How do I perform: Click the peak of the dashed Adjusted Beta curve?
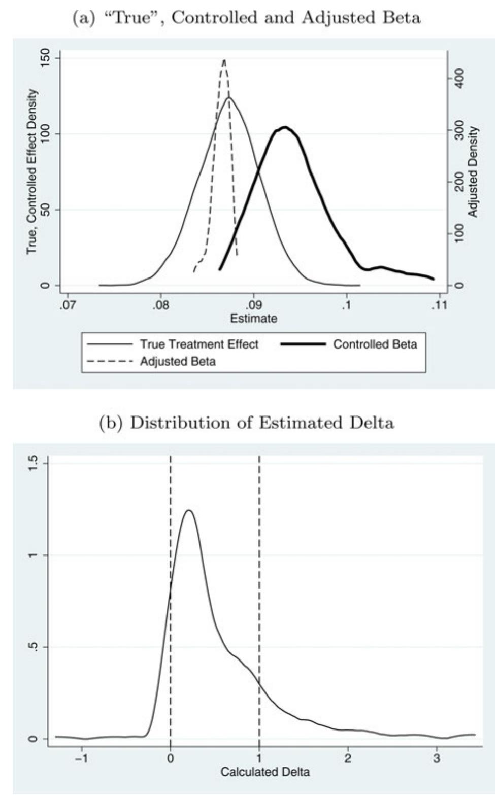[224, 60]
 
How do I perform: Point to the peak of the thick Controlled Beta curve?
[285, 127]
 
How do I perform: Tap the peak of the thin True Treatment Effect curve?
[229, 97]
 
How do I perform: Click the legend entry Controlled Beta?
[375, 344]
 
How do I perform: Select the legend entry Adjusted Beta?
[178, 362]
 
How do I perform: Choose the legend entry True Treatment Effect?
[199, 344]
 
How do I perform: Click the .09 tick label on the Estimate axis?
[253, 305]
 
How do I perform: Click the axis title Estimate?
[253, 319]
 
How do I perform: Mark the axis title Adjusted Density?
[474, 172]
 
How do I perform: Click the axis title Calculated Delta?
[265, 772]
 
